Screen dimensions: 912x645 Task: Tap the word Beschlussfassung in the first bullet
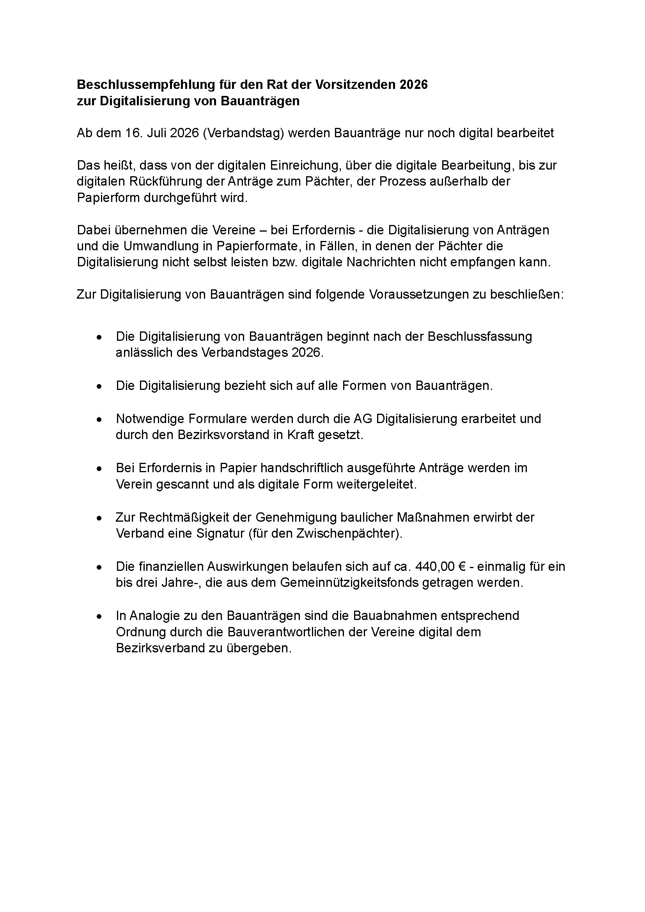480,336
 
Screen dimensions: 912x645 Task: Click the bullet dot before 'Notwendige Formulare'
99,420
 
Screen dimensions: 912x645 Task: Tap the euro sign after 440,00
462,567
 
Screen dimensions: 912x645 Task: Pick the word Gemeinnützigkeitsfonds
349,583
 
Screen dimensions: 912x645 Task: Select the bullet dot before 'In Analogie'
99,617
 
